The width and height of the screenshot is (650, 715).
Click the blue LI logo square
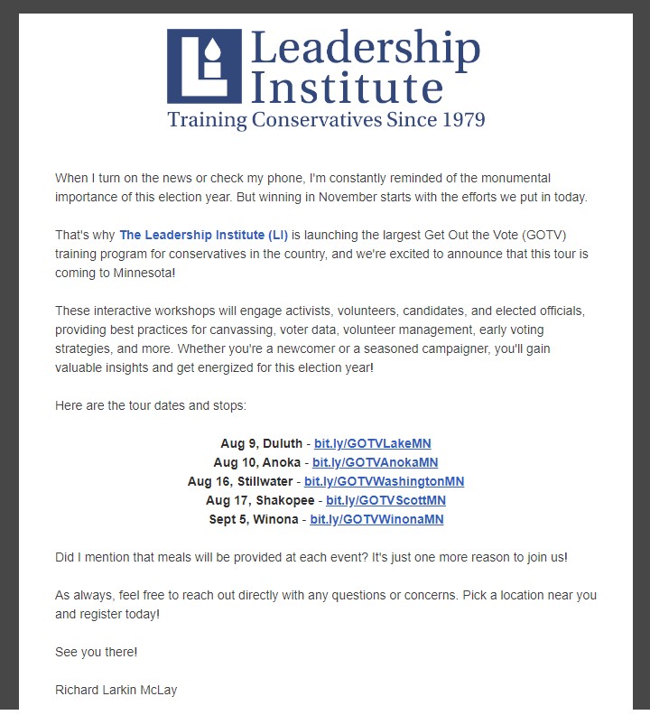click(204, 66)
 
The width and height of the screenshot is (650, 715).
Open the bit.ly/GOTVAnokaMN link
click(376, 462)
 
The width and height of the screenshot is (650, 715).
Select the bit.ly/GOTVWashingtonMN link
click(384, 481)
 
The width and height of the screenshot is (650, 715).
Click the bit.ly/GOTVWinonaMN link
click(376, 519)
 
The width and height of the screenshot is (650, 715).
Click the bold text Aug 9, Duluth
click(261, 443)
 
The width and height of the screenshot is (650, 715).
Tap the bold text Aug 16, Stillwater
click(242, 481)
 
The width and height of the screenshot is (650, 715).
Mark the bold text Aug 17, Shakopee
click(260, 500)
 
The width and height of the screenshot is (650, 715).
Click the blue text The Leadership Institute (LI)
click(203, 236)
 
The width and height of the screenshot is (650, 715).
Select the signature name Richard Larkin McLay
click(116, 690)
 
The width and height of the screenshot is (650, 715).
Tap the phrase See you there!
click(97, 652)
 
